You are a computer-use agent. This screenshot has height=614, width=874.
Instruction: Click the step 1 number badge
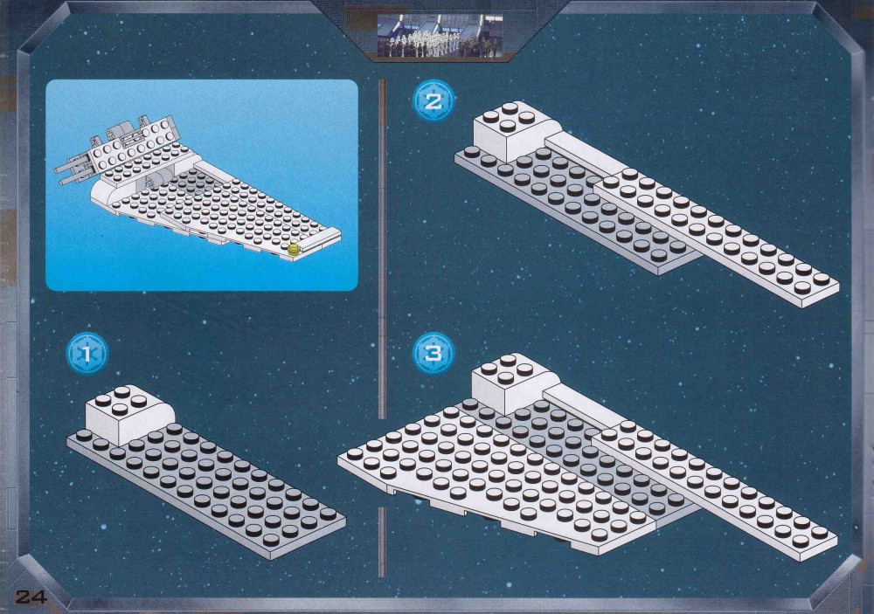point(87,354)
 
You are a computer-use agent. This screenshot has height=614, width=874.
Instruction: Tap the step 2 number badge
point(434,100)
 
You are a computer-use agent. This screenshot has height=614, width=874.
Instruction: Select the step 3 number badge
point(434,353)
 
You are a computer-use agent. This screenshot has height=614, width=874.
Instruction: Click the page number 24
point(31,597)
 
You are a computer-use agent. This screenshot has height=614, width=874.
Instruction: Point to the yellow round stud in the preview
point(293,249)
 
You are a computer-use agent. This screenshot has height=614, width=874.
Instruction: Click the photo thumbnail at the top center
point(440,35)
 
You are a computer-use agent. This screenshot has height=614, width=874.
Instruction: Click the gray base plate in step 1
point(206,490)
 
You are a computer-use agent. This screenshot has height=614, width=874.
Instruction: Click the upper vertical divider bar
point(382,249)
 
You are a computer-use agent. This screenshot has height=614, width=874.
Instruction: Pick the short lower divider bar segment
point(382,542)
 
